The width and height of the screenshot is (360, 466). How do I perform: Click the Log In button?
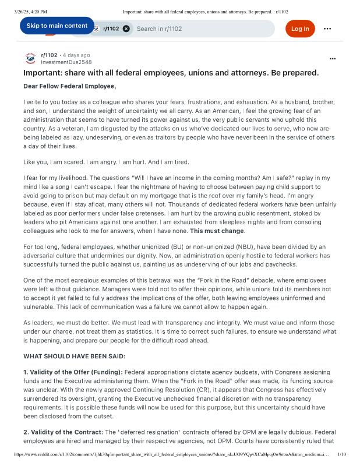300,29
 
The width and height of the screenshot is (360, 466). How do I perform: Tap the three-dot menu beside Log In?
327,29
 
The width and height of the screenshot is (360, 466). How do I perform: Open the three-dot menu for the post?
333,59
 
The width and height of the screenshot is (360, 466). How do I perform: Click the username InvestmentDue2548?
66,62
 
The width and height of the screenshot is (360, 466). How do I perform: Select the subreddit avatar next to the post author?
30,58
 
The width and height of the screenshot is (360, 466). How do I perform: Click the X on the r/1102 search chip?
126,29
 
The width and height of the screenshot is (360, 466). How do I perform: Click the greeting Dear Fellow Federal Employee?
70,86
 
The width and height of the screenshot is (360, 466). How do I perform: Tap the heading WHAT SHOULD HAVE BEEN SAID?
75,356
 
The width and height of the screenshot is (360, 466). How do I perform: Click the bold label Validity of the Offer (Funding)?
73,372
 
